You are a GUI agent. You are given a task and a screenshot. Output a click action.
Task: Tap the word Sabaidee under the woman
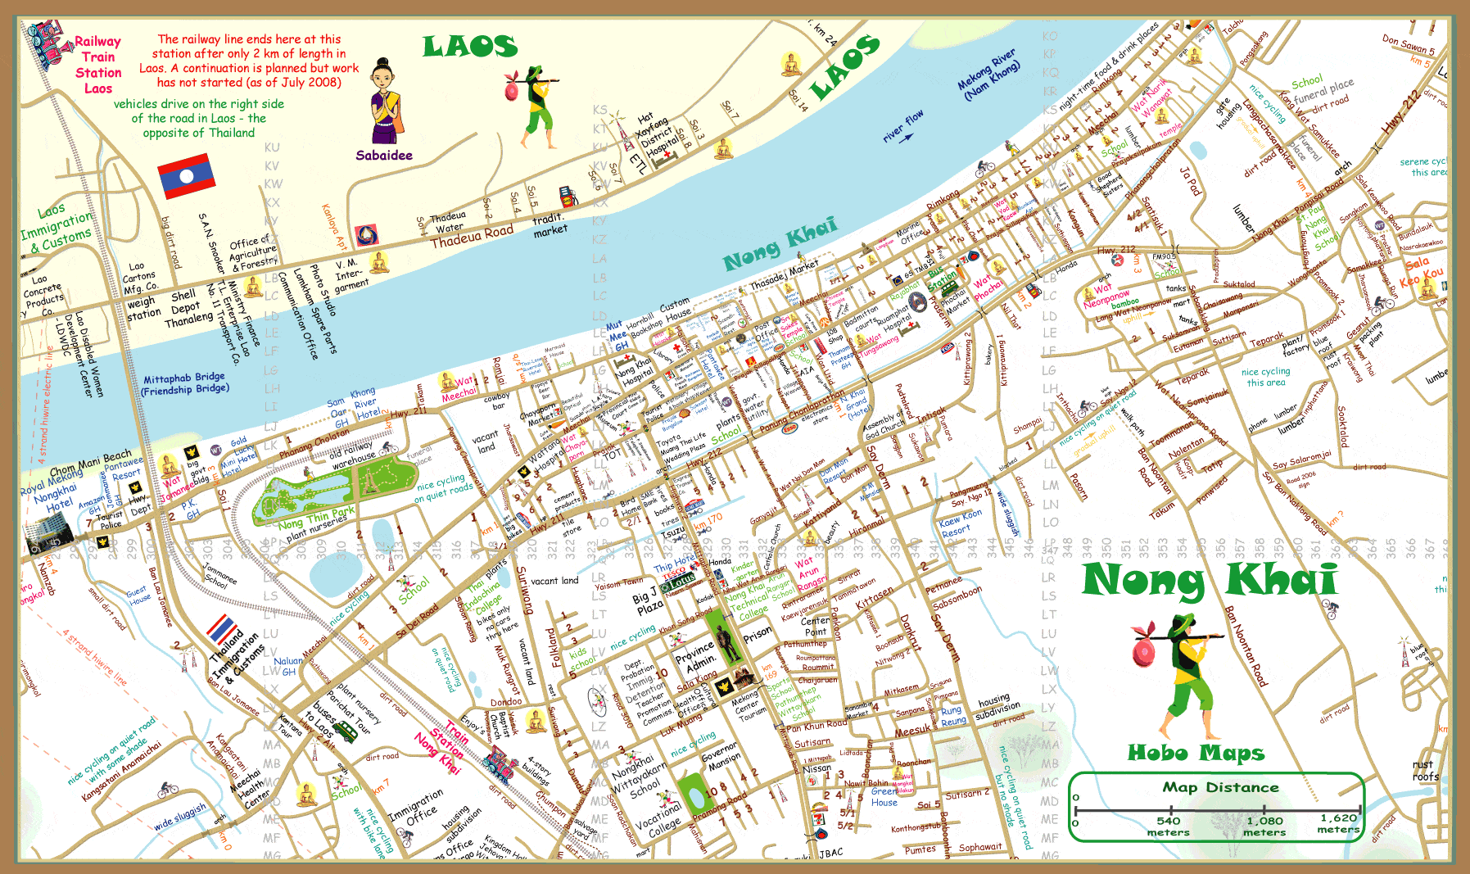coord(383,156)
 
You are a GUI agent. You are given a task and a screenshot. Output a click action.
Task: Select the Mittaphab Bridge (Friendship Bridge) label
coord(185,384)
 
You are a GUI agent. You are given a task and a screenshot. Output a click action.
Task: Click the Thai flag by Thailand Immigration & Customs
coord(222,629)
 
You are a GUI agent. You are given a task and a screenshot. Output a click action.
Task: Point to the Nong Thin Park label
coord(316,517)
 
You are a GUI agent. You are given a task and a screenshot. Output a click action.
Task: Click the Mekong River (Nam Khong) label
coord(990,75)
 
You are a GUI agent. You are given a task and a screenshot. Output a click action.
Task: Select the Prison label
coord(757,633)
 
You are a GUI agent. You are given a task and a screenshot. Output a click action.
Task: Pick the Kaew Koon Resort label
coord(960,525)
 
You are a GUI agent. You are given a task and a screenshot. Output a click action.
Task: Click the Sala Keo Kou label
coord(1420,272)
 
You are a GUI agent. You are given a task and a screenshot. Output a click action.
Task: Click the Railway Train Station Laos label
coord(97,65)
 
